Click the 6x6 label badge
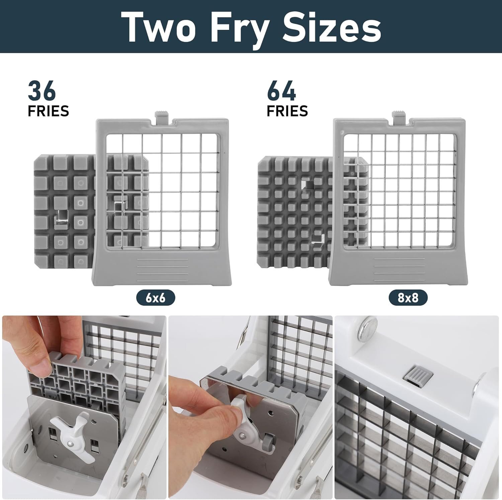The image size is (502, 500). (155, 297)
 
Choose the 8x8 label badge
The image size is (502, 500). (408, 297)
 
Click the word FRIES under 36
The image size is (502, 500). (48, 111)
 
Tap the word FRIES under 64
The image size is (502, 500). (287, 111)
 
